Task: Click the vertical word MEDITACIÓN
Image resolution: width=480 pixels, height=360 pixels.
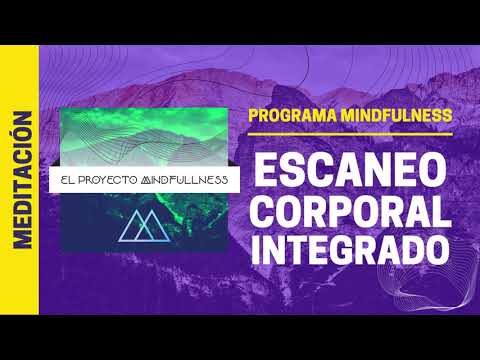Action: pyautogui.click(x=21, y=180)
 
